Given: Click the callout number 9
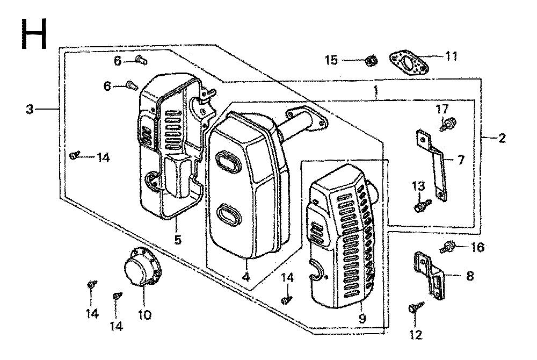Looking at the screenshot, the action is point(362,319).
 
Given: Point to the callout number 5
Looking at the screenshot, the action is point(177,240).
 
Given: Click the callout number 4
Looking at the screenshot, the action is point(246,276).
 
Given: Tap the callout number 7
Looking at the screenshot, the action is point(460,160).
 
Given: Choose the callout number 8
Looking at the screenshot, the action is point(470,276).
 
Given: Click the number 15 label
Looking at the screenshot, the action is point(331,60).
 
